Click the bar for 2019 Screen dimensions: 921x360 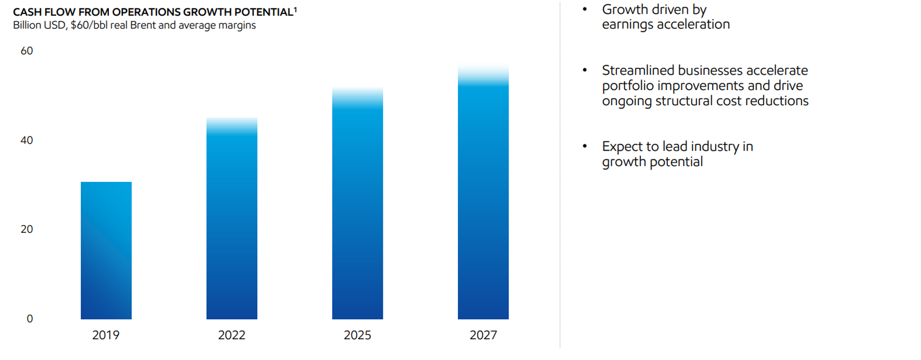106,251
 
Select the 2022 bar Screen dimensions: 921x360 232,218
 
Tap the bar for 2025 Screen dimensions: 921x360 357,204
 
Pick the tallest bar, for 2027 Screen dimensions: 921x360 483,191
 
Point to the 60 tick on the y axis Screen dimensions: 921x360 27,51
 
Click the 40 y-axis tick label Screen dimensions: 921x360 27,140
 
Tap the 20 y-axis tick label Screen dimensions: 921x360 27,229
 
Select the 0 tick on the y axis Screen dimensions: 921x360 30,319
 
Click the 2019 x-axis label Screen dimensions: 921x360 106,335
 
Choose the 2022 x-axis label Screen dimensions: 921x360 232,335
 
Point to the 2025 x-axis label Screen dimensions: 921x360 357,335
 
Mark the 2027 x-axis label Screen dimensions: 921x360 483,335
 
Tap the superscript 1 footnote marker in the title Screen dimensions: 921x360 295,9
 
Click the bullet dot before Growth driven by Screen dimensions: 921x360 584,9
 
